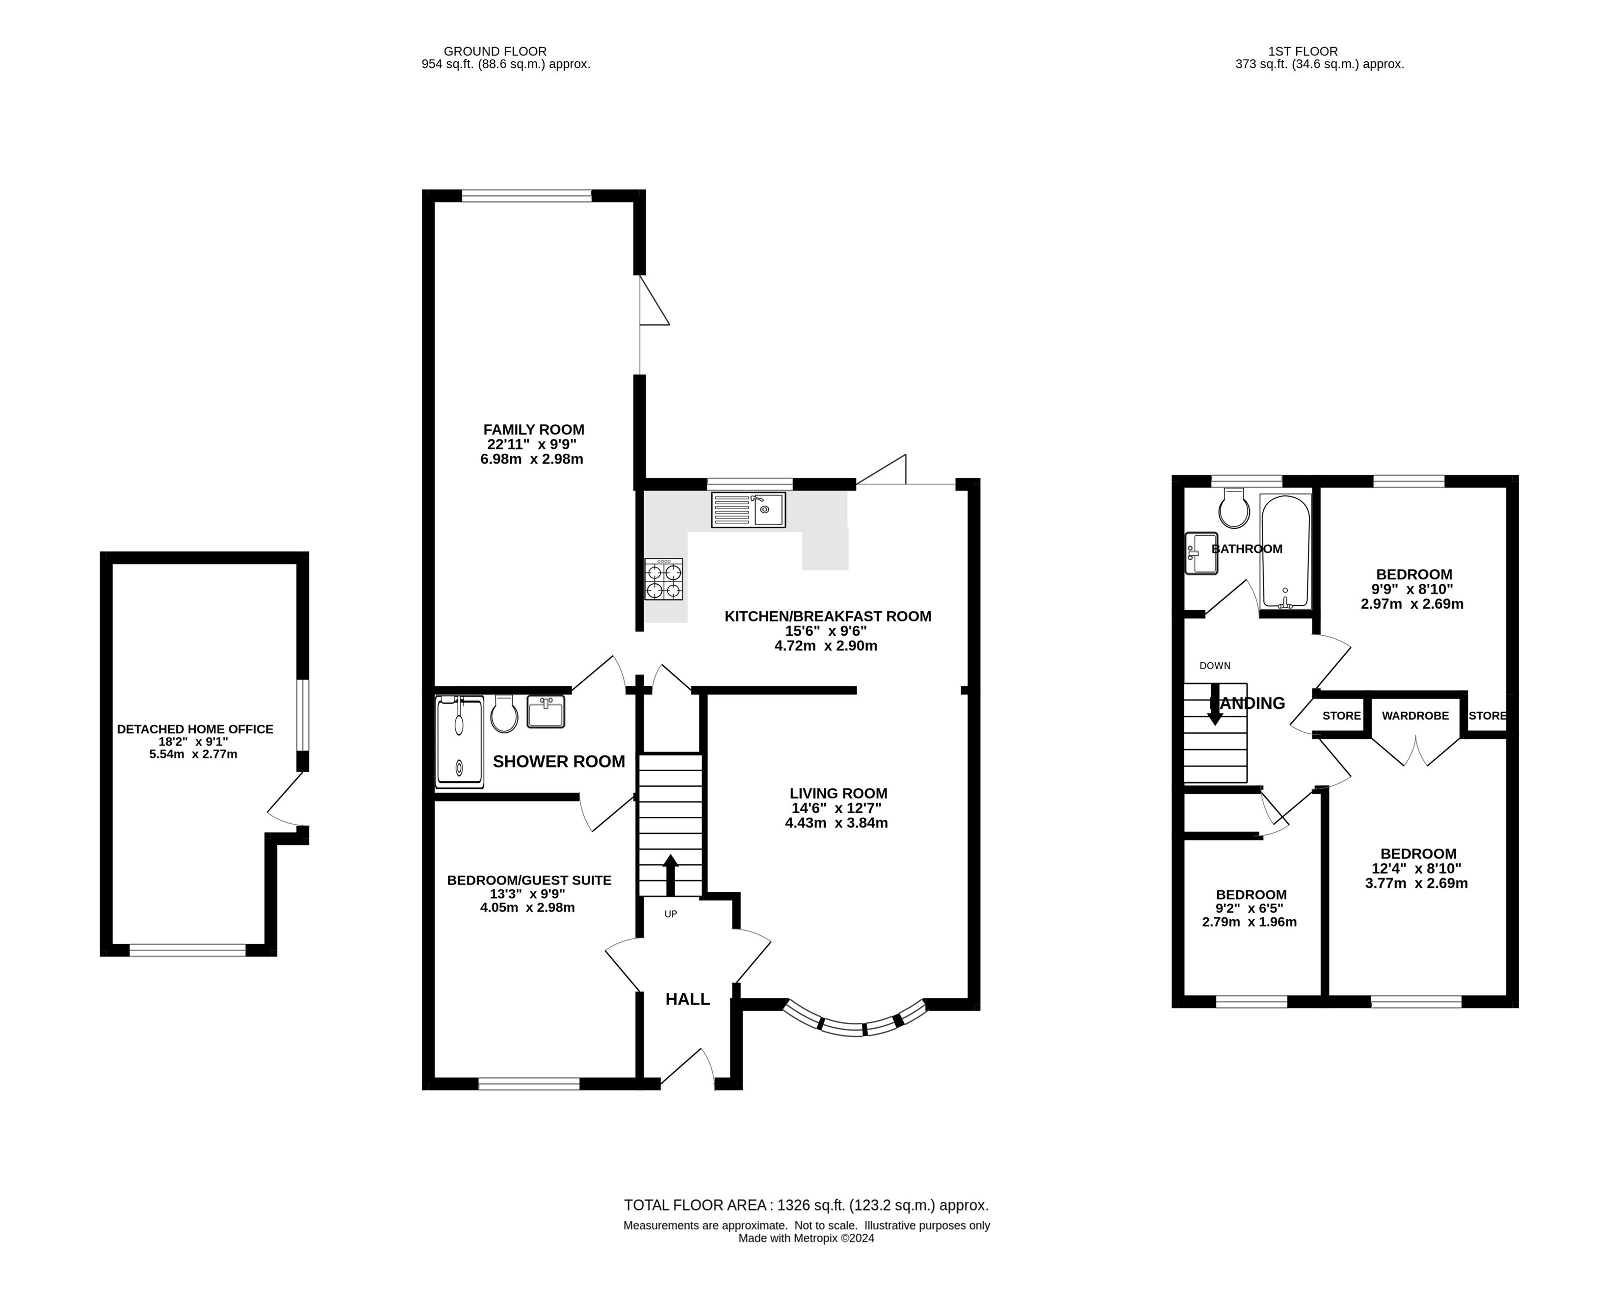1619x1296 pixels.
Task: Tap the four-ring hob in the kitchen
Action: [664, 579]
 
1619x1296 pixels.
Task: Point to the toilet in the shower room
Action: [504, 714]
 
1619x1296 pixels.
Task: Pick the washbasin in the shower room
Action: [546, 712]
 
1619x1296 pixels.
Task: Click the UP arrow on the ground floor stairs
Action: [670, 875]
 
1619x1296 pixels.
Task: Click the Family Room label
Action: [533, 430]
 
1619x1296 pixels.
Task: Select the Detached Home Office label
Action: [195, 729]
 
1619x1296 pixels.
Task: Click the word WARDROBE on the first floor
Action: [1415, 716]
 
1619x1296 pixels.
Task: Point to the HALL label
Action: [687, 999]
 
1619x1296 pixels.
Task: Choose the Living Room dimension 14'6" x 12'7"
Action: [836, 808]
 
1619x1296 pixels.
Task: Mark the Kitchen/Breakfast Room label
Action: [828, 617]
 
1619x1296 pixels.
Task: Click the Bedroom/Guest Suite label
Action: [529, 880]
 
